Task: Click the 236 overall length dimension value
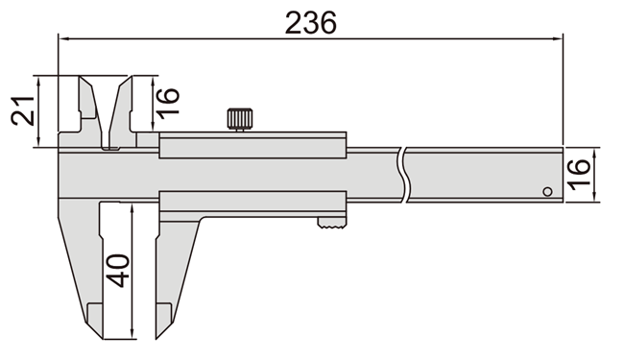(310, 22)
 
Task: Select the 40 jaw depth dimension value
(117, 270)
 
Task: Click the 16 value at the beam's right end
(579, 175)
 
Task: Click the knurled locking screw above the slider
(240, 119)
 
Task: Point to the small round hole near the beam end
(547, 191)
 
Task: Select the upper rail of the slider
(252, 145)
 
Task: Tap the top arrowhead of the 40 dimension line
(132, 207)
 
